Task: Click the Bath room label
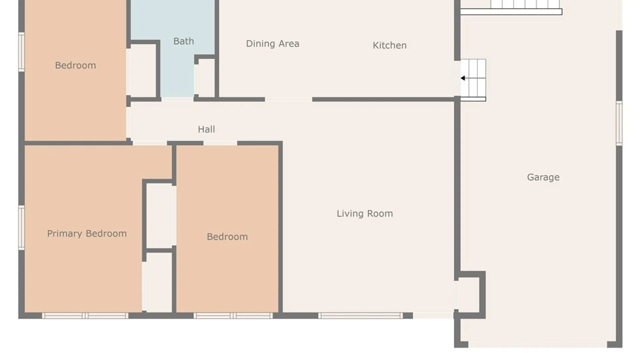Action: (183, 41)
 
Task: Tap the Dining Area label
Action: (272, 44)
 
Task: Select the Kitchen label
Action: (389, 45)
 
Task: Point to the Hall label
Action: (206, 129)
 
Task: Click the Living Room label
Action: (365, 214)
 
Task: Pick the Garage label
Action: (543, 177)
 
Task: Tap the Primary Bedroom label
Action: (87, 234)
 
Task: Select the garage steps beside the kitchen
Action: (473, 80)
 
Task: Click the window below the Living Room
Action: (361, 316)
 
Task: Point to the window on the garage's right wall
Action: (619, 123)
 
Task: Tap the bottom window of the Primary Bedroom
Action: (85, 316)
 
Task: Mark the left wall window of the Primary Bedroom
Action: (21, 228)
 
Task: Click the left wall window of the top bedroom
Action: (21, 52)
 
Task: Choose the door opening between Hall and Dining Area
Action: (289, 99)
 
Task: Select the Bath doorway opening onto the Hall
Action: (177, 99)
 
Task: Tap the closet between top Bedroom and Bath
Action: (143, 71)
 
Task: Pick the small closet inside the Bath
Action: (205, 78)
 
